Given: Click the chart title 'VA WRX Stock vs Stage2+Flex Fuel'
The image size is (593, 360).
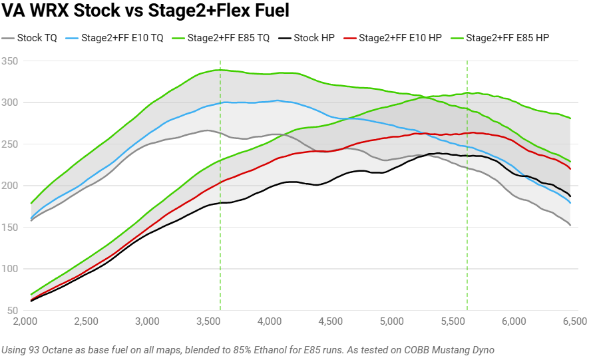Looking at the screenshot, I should pos(145,11).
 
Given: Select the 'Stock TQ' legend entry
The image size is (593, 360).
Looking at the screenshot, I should pos(37,39).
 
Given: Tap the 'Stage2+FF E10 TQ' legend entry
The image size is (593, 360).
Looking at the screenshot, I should pos(122,39).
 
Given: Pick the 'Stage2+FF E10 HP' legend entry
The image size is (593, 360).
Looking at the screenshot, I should pos(400,39).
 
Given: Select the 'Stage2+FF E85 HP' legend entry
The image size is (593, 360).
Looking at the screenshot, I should pos(506,39).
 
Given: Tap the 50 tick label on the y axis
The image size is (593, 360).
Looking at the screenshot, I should pos(13,311).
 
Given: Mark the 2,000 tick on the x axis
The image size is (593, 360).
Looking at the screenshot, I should pos(25,321).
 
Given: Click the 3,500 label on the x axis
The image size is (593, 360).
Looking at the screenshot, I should pos(208,321).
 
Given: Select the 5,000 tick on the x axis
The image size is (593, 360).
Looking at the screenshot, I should pos(391,321).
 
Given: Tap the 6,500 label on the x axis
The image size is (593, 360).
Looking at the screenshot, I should pos(574,321).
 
